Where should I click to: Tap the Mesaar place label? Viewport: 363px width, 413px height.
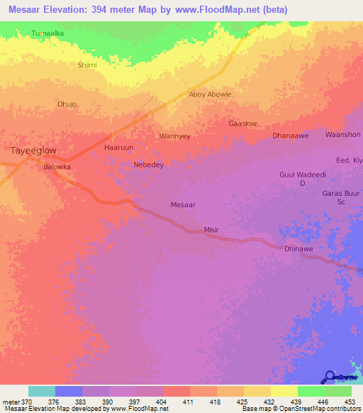click(184, 204)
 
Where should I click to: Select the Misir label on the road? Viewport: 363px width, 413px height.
click(212, 231)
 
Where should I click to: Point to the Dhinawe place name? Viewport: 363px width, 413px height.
click(298, 249)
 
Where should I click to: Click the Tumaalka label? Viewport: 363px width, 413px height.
click(48, 33)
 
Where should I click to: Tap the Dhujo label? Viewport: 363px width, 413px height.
click(66, 104)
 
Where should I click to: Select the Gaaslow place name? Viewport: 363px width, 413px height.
click(242, 123)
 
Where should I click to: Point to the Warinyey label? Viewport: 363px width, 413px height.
click(174, 136)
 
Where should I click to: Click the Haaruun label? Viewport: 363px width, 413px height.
click(118, 148)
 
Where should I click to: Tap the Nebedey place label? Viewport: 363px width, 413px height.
click(149, 165)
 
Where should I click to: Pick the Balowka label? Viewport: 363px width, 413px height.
click(57, 167)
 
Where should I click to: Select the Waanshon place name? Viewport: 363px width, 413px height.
click(342, 134)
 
